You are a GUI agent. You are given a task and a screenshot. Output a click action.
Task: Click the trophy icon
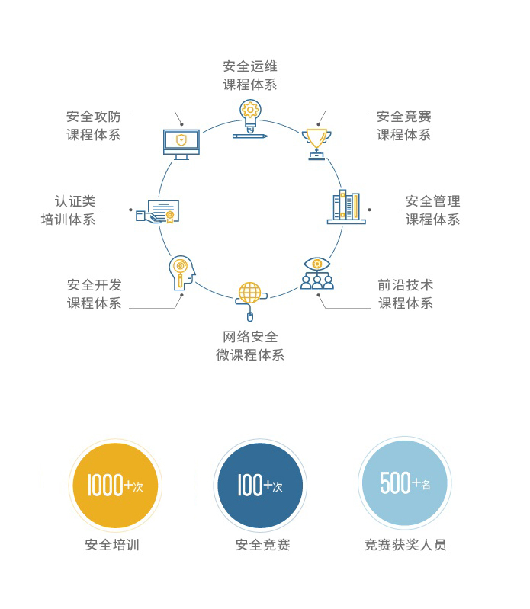[x=316, y=143]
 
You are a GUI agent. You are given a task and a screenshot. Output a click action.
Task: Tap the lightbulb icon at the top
[x=250, y=119]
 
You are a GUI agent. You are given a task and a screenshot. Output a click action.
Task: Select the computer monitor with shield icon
[x=181, y=143]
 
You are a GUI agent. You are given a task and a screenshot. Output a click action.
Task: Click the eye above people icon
[x=317, y=273]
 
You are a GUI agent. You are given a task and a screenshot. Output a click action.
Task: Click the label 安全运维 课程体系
[x=250, y=75]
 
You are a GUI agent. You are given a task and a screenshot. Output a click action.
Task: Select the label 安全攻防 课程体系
[x=93, y=126]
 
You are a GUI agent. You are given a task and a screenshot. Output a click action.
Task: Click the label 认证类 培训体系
[x=69, y=210]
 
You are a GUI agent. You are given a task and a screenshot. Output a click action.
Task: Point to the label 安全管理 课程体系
[x=432, y=210]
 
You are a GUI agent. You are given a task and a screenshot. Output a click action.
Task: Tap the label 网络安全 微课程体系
[x=250, y=346]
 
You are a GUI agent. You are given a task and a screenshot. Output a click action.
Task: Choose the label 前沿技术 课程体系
[x=406, y=294]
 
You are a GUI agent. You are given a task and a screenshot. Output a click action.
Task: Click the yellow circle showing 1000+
[x=115, y=486]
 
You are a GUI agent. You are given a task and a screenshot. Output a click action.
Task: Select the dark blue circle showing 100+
[x=260, y=486]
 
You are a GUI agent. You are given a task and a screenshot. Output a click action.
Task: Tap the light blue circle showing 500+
[x=405, y=483]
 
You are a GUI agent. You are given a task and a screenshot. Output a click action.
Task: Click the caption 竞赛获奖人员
[x=405, y=545]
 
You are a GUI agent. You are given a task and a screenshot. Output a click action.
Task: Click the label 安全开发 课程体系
[x=94, y=294]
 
